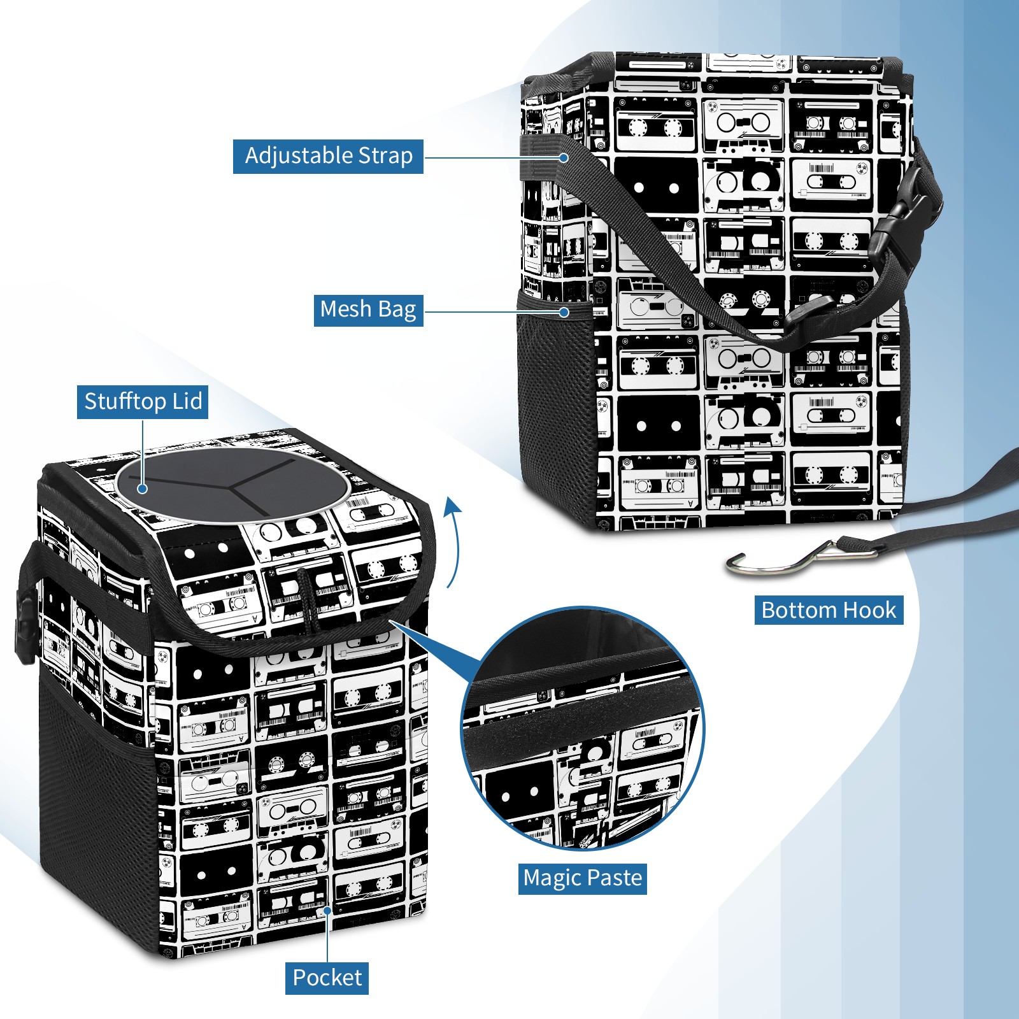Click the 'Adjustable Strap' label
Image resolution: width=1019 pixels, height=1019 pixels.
click(x=328, y=156)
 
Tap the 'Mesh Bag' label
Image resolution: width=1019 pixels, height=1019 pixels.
click(x=368, y=310)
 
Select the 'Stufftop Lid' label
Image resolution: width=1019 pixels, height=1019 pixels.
click(x=143, y=402)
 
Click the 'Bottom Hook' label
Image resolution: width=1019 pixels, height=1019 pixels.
click(x=829, y=610)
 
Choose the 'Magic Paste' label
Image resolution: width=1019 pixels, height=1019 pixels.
click(x=582, y=878)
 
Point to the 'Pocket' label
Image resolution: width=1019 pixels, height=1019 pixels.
click(x=327, y=978)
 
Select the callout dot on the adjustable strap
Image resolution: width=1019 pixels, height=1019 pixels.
click(x=564, y=157)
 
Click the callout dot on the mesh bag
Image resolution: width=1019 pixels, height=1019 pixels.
click(x=564, y=312)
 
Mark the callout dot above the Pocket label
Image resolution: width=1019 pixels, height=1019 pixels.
click(x=327, y=911)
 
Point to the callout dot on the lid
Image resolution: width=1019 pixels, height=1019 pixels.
click(x=143, y=488)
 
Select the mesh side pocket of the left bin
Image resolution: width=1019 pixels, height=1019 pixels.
click(x=96, y=796)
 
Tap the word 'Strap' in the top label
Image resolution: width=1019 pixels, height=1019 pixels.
click(x=385, y=156)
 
